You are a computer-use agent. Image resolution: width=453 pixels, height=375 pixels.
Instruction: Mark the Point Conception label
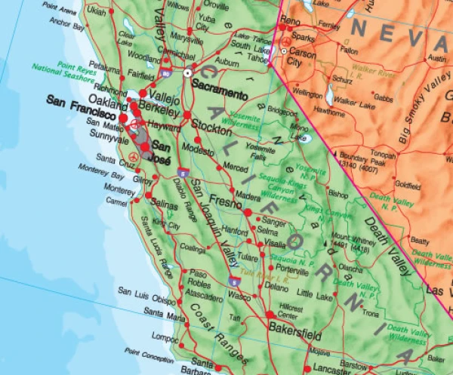point(152,352)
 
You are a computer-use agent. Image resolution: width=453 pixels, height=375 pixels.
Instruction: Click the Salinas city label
point(165,204)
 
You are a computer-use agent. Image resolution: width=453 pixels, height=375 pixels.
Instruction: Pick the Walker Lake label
point(356,100)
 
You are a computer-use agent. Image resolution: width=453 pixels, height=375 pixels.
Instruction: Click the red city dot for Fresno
point(248,212)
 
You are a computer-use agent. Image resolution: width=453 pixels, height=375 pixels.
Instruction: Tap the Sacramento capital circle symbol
point(188,72)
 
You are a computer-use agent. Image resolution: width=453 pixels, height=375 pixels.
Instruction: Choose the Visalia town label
point(275,244)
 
